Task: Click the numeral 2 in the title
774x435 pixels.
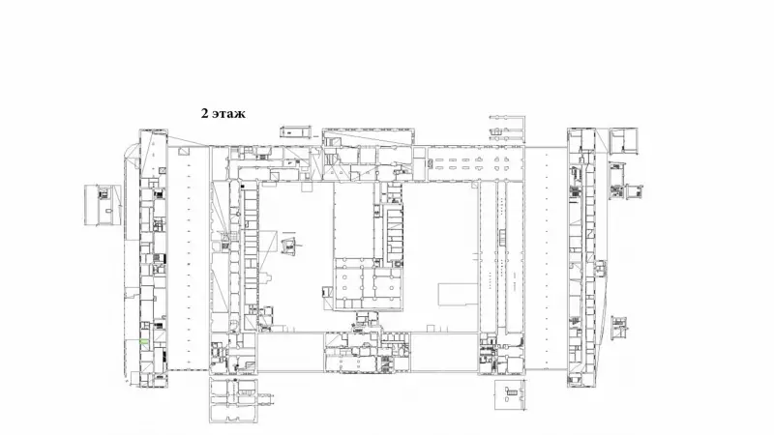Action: pyautogui.click(x=204, y=113)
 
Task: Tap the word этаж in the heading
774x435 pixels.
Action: pyautogui.click(x=229, y=114)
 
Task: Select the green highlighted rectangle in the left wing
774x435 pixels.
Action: pyautogui.click(x=144, y=342)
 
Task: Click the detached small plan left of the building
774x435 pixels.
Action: pyautogui.click(x=103, y=205)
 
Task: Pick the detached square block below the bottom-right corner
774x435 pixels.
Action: pyautogui.click(x=511, y=394)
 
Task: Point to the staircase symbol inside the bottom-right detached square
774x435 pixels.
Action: pyautogui.click(x=512, y=392)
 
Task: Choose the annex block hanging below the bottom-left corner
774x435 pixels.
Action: pyautogui.click(x=233, y=400)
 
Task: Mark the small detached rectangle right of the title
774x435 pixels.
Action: pyautogui.click(x=296, y=131)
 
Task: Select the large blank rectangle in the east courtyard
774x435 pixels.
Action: pyautogui.click(x=458, y=295)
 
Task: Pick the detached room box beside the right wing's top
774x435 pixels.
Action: pyautogui.click(x=624, y=140)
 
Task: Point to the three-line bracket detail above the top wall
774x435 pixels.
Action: pyautogui.click(x=507, y=130)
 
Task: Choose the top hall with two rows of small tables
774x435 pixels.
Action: pyautogui.click(x=475, y=163)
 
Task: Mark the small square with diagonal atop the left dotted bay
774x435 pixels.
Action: pyautogui.click(x=184, y=152)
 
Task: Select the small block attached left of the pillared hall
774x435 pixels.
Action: pyautogui.click(x=326, y=293)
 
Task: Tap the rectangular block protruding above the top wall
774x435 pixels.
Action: pyautogui.click(x=368, y=137)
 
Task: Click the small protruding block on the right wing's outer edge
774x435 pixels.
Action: pyautogui.click(x=601, y=269)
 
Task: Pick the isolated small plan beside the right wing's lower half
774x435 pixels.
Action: pyautogui.click(x=619, y=328)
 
